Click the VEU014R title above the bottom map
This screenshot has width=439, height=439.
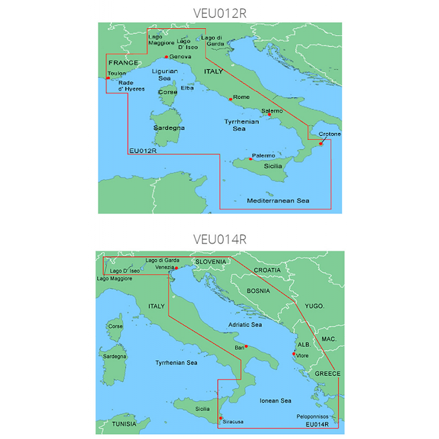point(219,239)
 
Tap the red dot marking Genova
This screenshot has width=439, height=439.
point(166,56)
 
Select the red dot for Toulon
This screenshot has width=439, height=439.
point(108,78)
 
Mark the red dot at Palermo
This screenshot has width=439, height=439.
point(251,159)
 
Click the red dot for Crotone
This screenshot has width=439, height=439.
point(320,143)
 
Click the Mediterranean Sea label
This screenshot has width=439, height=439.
point(278,201)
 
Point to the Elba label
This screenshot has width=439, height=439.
point(187,88)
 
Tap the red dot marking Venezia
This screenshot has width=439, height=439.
point(176,268)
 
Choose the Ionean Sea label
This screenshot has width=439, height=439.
point(274,401)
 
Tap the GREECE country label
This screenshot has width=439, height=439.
point(327,373)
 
